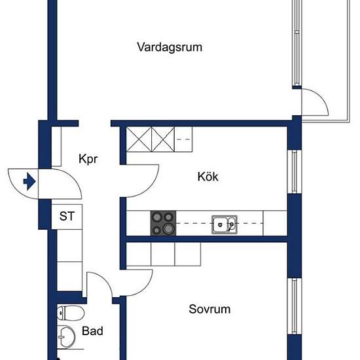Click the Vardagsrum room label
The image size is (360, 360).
point(170,47)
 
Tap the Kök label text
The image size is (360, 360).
point(207,177)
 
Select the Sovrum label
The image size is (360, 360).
point(209,309)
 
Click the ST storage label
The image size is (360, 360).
point(67,215)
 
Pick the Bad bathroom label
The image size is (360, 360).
point(92,332)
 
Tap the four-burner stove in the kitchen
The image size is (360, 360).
point(164,223)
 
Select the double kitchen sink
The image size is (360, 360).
point(225,225)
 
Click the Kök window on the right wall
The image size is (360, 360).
point(294,171)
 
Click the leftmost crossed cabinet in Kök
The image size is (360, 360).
point(139,139)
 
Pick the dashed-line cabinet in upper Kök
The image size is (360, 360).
point(184,139)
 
